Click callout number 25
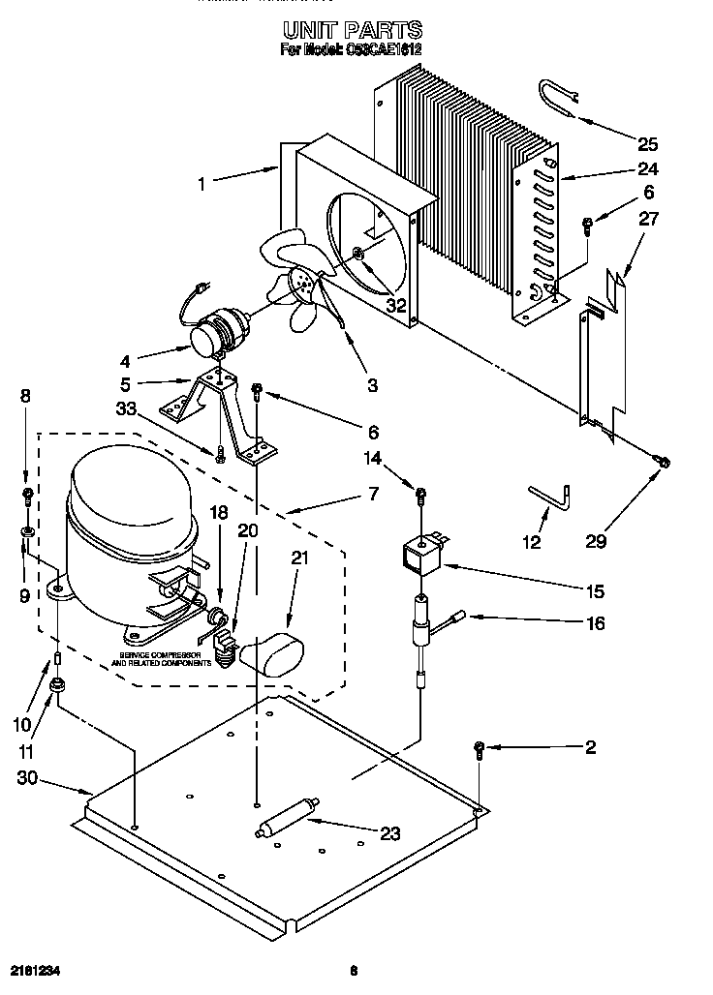click(x=647, y=144)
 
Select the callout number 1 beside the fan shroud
click(x=201, y=181)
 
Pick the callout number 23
click(x=389, y=834)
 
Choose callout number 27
click(x=647, y=219)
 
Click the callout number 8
click(x=26, y=395)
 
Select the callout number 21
click(x=300, y=558)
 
